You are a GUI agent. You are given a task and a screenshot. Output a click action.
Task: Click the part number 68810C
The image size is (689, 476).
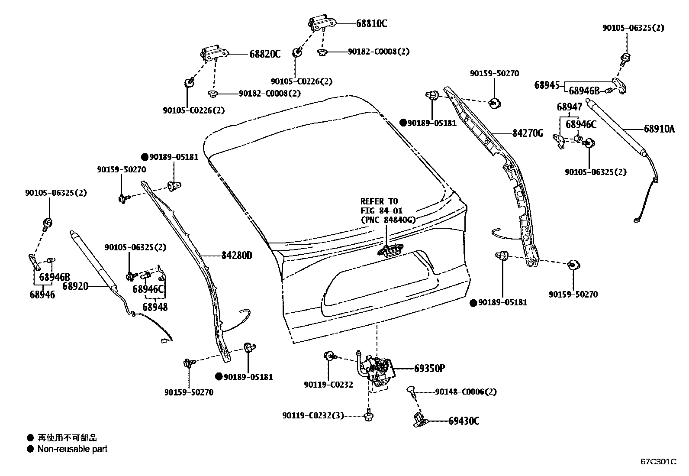371,24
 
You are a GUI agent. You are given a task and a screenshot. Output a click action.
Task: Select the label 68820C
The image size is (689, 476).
264,54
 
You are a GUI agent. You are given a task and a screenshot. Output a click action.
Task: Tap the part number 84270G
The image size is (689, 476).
527,133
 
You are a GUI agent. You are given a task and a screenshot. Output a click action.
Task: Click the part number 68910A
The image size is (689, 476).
659,129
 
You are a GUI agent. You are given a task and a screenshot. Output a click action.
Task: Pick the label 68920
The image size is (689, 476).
75,286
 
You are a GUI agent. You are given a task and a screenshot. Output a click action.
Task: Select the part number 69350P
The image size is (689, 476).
429,369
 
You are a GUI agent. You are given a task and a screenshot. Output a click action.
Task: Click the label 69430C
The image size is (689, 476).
464,421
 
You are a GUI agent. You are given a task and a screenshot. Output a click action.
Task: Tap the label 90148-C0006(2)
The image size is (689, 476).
465,392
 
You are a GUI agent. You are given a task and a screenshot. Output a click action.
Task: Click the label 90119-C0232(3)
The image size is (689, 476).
312,416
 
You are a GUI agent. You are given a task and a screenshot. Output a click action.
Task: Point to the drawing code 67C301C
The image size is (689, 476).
658,462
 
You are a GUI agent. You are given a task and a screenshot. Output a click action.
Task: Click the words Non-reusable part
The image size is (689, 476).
72,449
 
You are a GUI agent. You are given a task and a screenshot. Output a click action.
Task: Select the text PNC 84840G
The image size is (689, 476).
388,220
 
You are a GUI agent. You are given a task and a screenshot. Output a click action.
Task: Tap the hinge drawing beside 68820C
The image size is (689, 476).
213,53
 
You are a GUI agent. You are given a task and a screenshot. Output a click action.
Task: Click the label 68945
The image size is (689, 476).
547,85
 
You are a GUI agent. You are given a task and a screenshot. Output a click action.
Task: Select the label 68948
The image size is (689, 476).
155,307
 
